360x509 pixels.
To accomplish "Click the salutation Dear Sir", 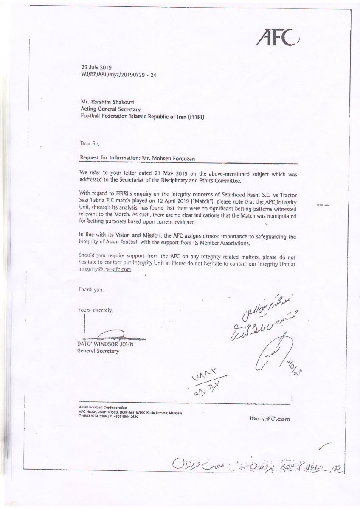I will pyautogui.click(x=90, y=143).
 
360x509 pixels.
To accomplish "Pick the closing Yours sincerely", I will pyautogui.click(x=96, y=310).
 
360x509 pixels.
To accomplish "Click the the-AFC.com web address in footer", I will pyautogui.click(x=270, y=419).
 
